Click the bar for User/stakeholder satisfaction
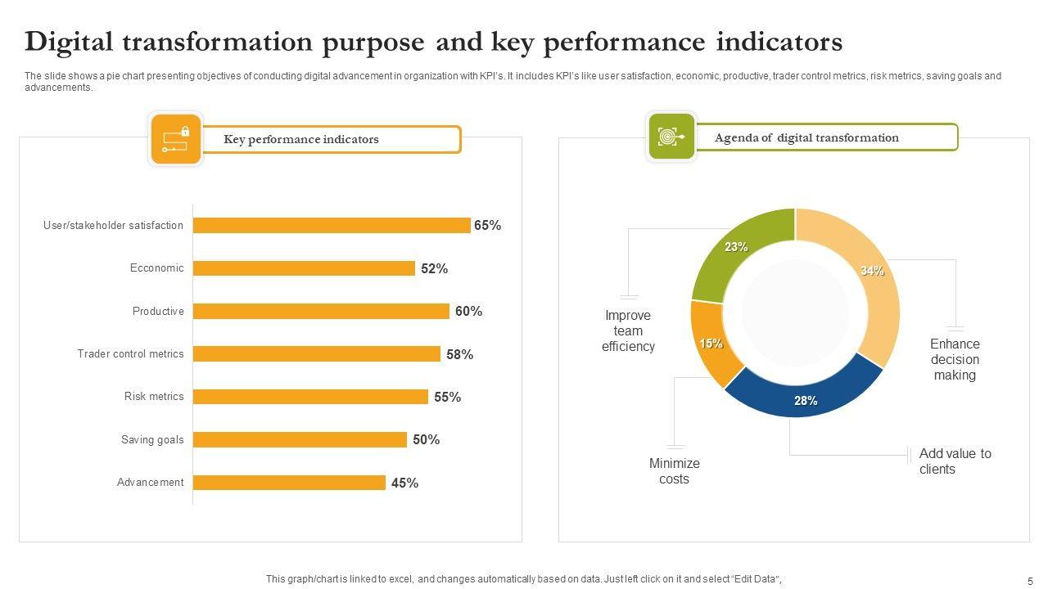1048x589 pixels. click(x=332, y=225)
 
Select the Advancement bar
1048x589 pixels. click(x=289, y=483)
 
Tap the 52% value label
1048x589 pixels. click(x=434, y=268)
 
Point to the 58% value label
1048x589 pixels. click(x=459, y=354)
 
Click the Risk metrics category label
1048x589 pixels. click(x=154, y=397)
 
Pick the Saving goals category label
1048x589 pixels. click(x=152, y=439)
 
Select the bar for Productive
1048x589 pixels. click(x=321, y=311)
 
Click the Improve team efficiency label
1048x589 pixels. click(x=628, y=330)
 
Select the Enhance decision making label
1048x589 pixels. click(x=955, y=359)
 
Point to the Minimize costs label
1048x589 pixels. click(x=674, y=470)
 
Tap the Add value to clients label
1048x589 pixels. click(x=954, y=461)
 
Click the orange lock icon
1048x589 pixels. click(x=175, y=139)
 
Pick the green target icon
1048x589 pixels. click(x=671, y=136)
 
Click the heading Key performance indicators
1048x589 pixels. click(x=301, y=139)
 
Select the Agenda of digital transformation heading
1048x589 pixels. click(x=806, y=137)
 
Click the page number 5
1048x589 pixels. click(x=1030, y=581)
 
